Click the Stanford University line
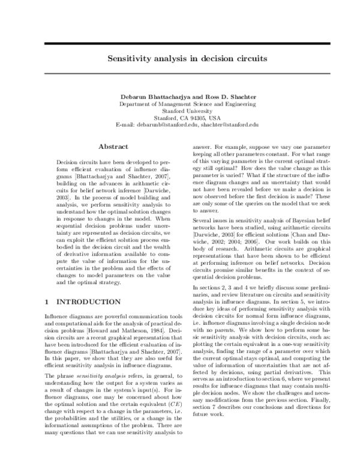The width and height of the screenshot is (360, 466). pyautogui.click(x=179, y=110)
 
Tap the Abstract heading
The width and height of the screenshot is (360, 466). pyautogui.click(x=113, y=147)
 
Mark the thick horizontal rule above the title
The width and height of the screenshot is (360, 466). pyautogui.click(x=180, y=44)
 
